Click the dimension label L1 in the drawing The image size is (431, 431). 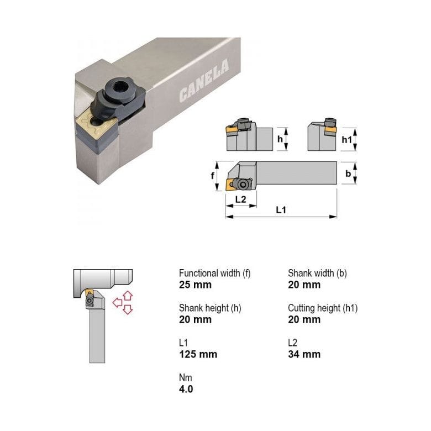[x=281, y=209]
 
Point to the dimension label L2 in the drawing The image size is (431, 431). [x=240, y=198]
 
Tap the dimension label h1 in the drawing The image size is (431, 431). [x=347, y=140]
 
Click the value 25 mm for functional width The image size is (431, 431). [x=195, y=285]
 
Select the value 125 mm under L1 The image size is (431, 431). [x=198, y=354]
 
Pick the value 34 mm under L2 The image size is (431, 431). [x=304, y=354]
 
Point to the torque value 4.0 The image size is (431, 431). [x=186, y=389]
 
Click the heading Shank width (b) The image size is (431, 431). [x=317, y=273]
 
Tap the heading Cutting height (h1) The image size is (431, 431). [x=322, y=308]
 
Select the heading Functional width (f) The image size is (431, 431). [x=214, y=273]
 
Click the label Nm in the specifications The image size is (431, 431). [x=185, y=377]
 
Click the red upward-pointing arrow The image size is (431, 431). [x=128, y=295]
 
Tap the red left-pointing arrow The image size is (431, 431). [x=117, y=302]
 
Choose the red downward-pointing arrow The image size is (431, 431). [x=128, y=310]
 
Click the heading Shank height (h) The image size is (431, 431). [x=210, y=308]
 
